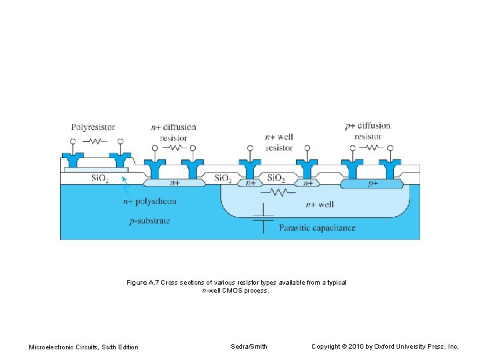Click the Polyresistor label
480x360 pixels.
(93, 127)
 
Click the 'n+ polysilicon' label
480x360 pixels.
(150, 201)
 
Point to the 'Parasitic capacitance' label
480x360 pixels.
(317, 228)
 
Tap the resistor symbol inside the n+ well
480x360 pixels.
(279, 193)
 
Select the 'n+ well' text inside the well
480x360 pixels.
(319, 204)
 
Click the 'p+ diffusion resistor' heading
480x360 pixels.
(368, 131)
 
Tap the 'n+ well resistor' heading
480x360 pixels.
(279, 142)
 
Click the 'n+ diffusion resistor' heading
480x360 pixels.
(173, 132)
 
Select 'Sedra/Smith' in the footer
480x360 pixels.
(249, 347)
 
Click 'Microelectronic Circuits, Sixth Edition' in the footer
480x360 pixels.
(84, 347)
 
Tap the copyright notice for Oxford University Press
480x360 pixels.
(385, 347)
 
